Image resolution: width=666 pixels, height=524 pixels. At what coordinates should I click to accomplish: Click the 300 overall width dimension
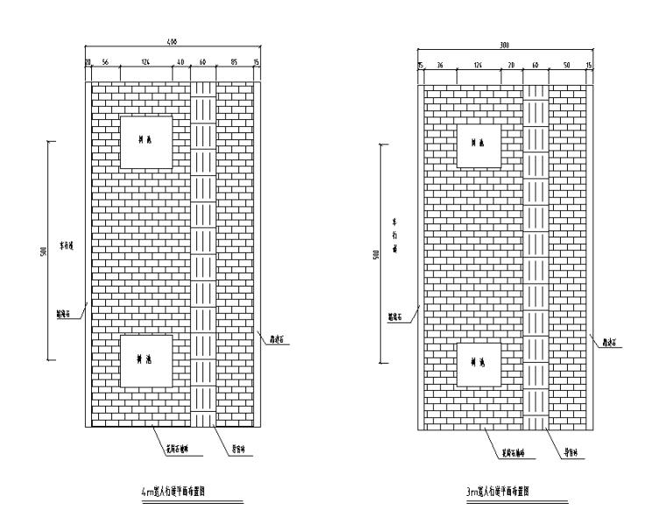[x=504, y=44]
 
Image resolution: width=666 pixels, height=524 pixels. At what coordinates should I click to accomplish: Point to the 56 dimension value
[x=105, y=62]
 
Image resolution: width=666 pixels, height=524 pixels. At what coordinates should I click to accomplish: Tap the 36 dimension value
[x=440, y=66]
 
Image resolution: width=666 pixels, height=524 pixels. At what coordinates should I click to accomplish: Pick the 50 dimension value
[x=568, y=66]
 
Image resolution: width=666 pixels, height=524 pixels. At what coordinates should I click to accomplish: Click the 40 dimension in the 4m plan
[x=181, y=62]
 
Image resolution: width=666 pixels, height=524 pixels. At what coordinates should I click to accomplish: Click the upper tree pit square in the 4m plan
[x=145, y=141]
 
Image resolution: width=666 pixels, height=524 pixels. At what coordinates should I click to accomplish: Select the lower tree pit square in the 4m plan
[x=145, y=360]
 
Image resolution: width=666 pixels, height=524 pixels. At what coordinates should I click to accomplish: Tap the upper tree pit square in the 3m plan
[x=478, y=145]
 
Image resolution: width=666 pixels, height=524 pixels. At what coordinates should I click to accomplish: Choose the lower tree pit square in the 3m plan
[x=478, y=364]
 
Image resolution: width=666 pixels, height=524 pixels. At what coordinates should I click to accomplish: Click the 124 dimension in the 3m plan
[x=478, y=66]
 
